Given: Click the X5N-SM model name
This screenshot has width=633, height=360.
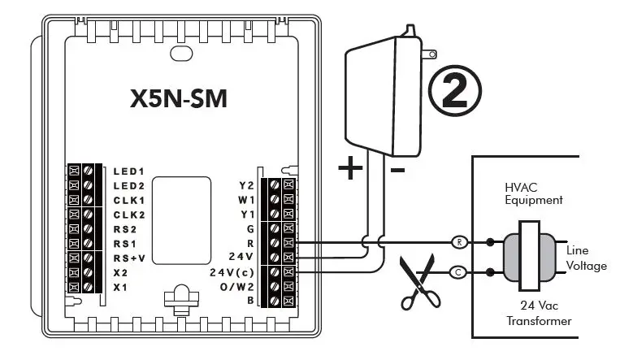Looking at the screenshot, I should coord(178,98).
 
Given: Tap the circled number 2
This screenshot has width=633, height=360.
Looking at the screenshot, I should coord(455,90).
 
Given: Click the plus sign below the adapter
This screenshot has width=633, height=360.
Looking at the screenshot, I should coord(349,168).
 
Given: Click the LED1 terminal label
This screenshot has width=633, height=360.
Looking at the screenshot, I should coord(128,171).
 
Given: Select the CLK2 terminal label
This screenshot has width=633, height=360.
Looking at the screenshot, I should coord(128,215).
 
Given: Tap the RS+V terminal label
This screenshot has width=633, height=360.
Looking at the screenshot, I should coord(128,258).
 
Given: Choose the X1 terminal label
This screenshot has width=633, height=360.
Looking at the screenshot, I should coord(120,287).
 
